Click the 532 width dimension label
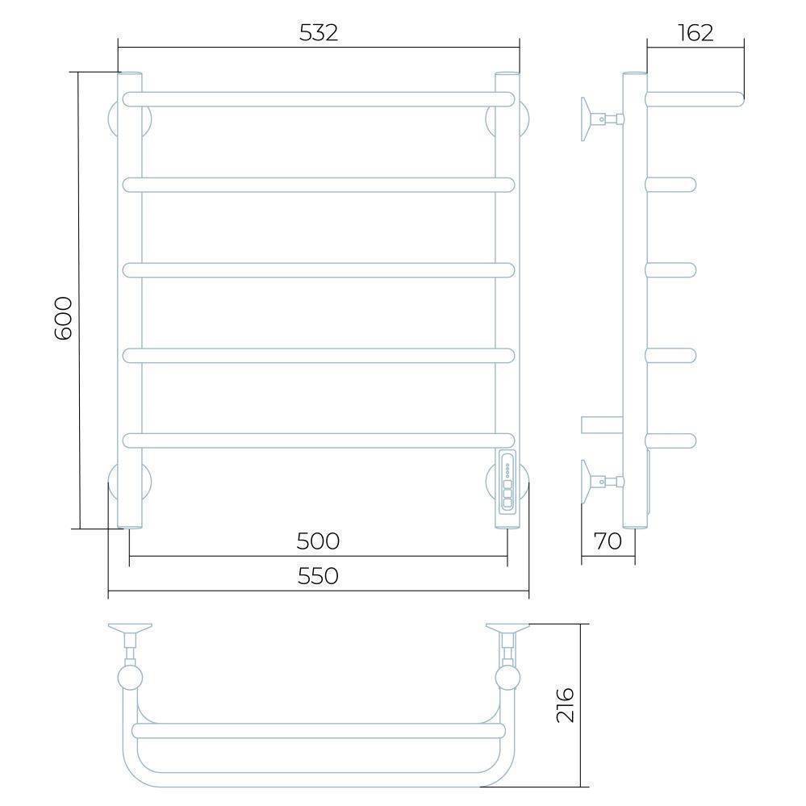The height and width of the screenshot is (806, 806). pos(318,33)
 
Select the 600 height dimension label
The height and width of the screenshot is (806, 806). pos(63,318)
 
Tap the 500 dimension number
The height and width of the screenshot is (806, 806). pos(318,541)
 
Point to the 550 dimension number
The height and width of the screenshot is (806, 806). pos(318,576)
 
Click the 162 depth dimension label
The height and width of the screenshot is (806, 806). pos(695,33)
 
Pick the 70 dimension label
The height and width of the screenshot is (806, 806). pos(608,541)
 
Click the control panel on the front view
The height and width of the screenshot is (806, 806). pos(507,482)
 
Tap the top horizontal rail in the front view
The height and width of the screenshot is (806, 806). pos(318,99)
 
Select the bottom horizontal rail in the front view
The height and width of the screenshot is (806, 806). pos(318,441)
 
